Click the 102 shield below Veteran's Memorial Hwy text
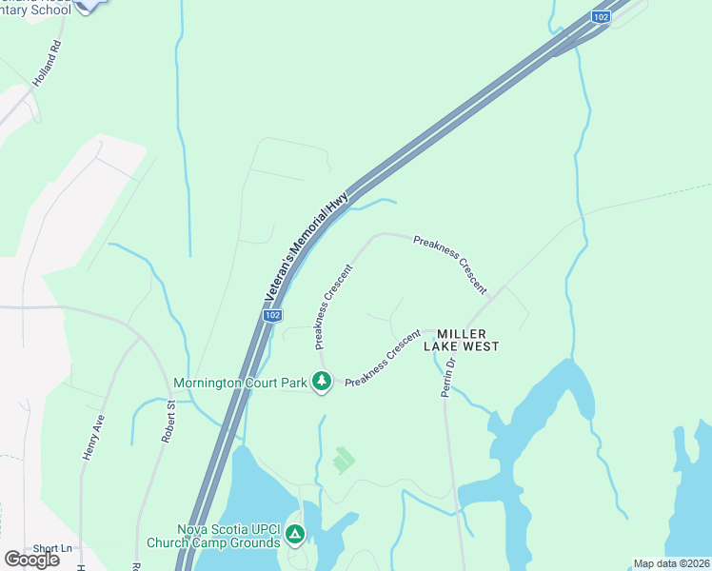[272, 315]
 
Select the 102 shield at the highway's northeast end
[600, 16]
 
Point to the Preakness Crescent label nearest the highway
[333, 305]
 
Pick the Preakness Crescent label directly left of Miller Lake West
[383, 358]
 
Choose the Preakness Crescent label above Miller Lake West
[450, 264]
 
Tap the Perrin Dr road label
[449, 377]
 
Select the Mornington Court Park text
[240, 384]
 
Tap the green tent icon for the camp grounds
[295, 536]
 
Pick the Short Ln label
[52, 548]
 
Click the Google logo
[31, 560]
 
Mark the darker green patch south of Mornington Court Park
[344, 461]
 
